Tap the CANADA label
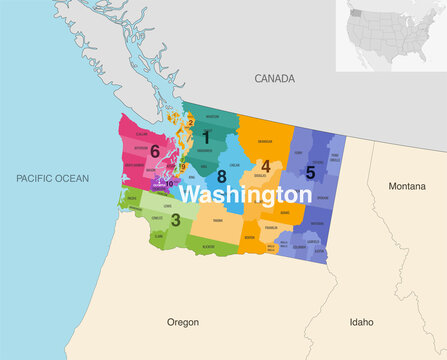(273, 77)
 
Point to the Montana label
(407, 186)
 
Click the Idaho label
(361, 322)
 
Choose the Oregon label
(182, 322)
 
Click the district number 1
(206, 137)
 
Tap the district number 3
(176, 219)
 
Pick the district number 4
(265, 166)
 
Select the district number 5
(310, 172)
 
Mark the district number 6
(155, 151)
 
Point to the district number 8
(222, 176)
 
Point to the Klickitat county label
(207, 246)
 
